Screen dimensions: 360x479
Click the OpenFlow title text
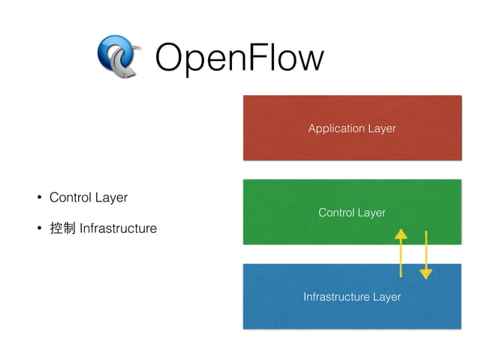pyautogui.click(x=239, y=59)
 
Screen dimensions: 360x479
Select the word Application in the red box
pyautogui.click(x=336, y=129)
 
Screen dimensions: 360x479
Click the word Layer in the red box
pyautogui.click(x=381, y=129)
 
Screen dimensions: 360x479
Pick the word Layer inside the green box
pyautogui.click(x=372, y=213)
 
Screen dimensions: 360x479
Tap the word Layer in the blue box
pyautogui.click(x=387, y=297)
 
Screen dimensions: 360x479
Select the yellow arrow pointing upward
pyautogui.click(x=401, y=253)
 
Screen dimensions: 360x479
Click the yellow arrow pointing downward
pyautogui.click(x=426, y=254)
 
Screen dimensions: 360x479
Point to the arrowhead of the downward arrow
pyautogui.click(x=426, y=274)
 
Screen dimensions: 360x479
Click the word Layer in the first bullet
pyautogui.click(x=112, y=198)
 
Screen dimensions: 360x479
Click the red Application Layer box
pyautogui.click(x=351, y=109)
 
